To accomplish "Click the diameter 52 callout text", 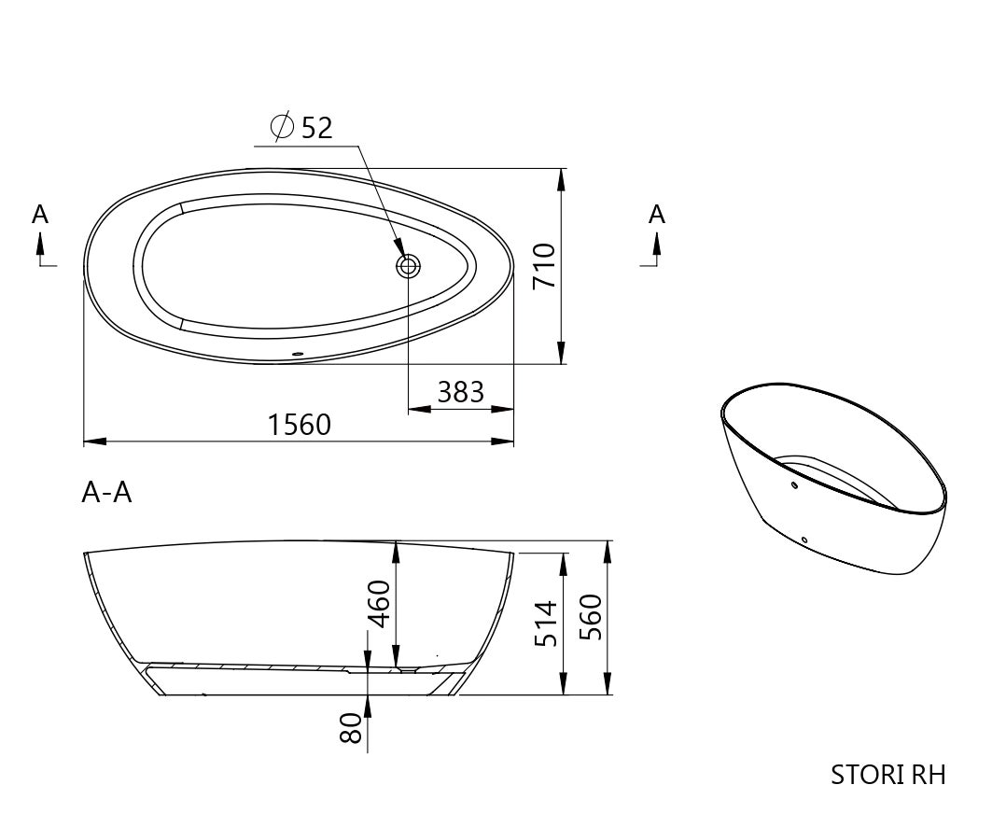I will pos(303,128).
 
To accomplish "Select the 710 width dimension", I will pos(542,266).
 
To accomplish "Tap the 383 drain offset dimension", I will pos(461,392).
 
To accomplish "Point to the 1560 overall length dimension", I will pos(299,425).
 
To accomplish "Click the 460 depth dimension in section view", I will pos(378,606).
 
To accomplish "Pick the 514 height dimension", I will pos(545,623).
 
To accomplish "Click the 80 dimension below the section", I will pos(350,728).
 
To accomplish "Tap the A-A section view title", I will pos(106,492).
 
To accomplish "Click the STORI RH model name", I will pos(887,775).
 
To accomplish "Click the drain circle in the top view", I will pos(409,267).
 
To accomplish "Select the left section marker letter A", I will pos(40,215).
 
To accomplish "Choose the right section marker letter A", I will pos(657,215).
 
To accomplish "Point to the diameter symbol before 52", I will pos(282,127).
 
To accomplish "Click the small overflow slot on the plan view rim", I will pos(299,354).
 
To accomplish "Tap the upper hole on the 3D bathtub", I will pos(793,485).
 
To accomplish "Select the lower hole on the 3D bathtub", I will pos(803,539).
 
